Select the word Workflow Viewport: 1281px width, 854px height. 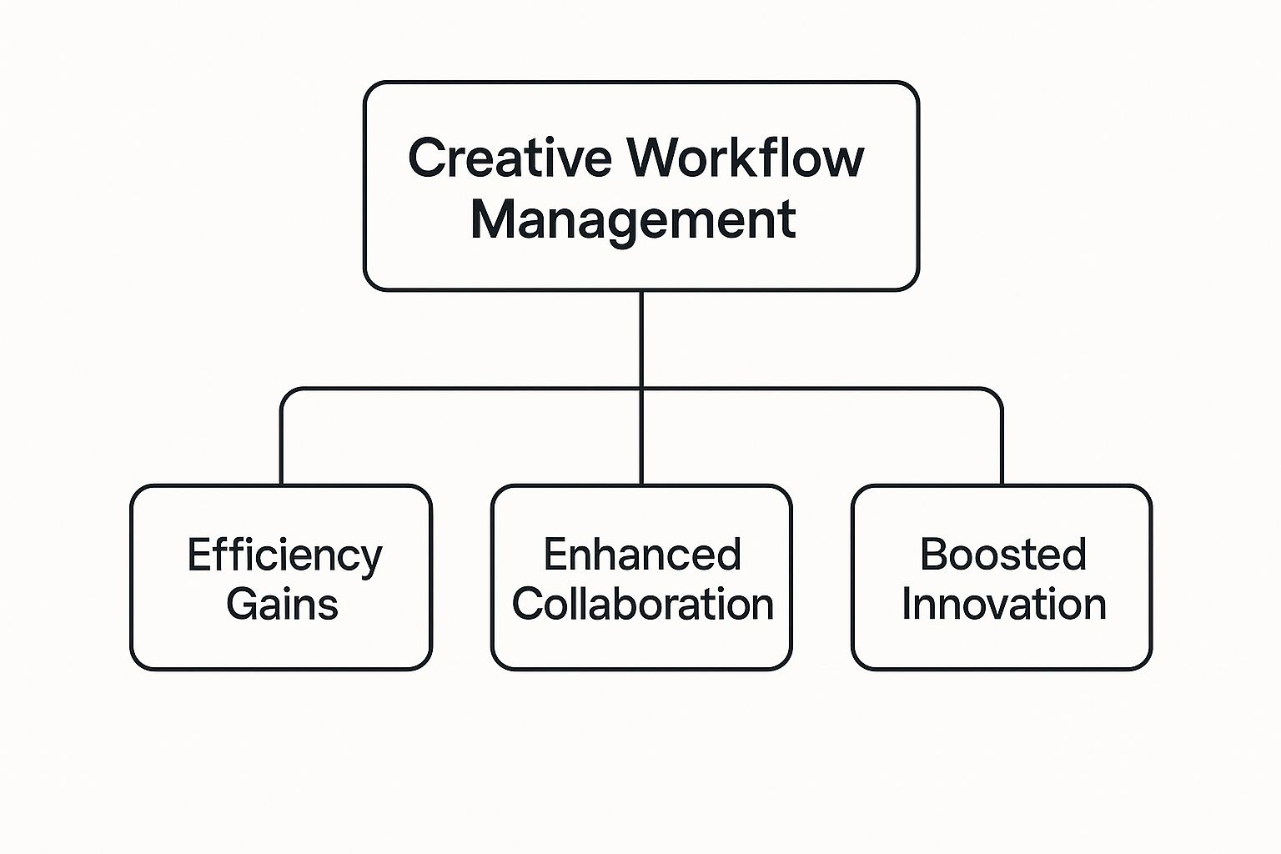(x=746, y=158)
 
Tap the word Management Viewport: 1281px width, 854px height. (x=633, y=221)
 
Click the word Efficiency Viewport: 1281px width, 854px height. (x=284, y=556)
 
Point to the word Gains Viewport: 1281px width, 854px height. (x=283, y=604)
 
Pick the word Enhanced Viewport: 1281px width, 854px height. (x=642, y=554)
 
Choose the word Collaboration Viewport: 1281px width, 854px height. (x=643, y=604)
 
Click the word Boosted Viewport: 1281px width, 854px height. (x=1003, y=554)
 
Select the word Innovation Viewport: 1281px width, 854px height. (x=1004, y=604)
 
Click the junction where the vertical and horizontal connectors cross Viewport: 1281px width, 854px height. (x=641, y=389)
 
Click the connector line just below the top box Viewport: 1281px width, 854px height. (x=641, y=339)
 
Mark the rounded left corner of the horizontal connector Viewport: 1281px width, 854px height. (x=287, y=394)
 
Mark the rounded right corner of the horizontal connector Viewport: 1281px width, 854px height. (x=997, y=394)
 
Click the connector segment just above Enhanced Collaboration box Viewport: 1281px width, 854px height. (x=641, y=438)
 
